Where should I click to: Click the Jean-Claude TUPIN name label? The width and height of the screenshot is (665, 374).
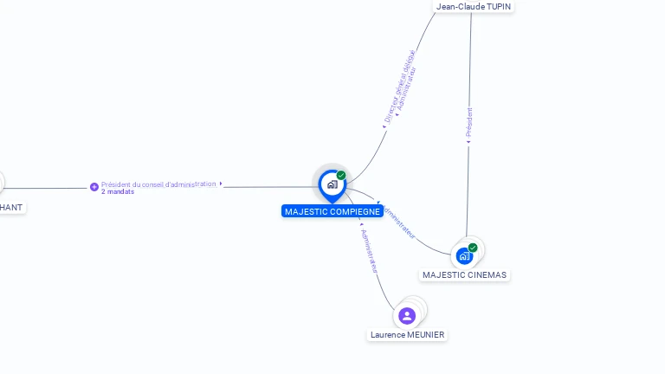click(x=473, y=7)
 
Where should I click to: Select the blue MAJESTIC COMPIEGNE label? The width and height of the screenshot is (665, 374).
click(x=332, y=211)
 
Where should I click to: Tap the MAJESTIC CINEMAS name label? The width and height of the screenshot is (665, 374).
click(x=464, y=275)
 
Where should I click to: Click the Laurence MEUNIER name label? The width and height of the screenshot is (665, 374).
click(x=407, y=335)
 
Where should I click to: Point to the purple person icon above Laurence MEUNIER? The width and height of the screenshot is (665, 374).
click(x=407, y=315)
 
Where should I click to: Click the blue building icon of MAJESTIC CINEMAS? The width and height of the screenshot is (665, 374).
click(x=464, y=255)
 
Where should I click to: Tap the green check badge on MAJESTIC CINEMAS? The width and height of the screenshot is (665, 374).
click(x=473, y=248)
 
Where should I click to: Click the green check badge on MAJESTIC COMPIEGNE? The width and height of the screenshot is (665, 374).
click(x=341, y=176)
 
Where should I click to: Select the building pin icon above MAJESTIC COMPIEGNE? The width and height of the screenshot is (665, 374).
click(x=332, y=184)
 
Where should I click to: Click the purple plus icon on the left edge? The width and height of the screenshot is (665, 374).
click(x=94, y=187)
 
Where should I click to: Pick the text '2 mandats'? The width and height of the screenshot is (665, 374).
click(x=118, y=192)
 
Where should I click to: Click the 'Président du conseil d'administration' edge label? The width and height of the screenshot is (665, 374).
click(x=158, y=184)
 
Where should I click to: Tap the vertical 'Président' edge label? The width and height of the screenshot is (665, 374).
click(x=469, y=123)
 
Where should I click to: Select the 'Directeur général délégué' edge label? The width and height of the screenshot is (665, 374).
click(x=399, y=85)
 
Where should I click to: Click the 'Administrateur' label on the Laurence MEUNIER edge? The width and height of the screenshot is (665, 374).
click(x=370, y=251)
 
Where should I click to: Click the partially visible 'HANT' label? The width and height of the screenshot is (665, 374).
click(x=11, y=208)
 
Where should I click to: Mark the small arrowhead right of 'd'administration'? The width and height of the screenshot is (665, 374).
click(x=221, y=184)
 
